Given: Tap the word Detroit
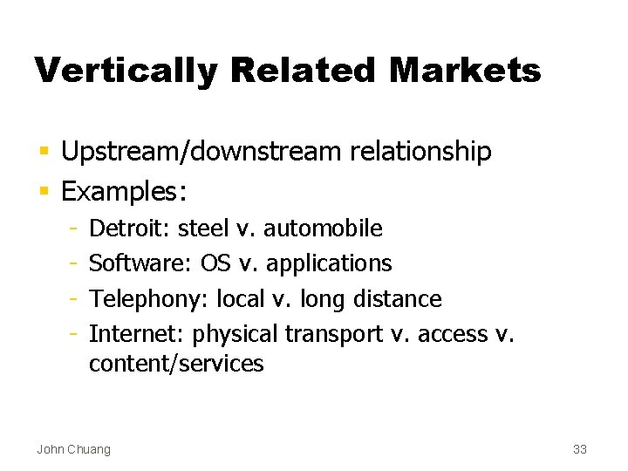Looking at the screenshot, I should click(130, 229).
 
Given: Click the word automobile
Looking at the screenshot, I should click(323, 229).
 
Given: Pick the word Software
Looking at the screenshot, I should click(140, 263).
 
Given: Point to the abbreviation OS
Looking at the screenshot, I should click(214, 263).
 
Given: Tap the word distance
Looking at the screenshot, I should click(397, 299).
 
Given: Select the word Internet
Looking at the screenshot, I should click(137, 334).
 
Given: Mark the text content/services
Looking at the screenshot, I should click(176, 364).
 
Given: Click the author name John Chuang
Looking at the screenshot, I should click(73, 449).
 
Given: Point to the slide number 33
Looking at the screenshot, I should click(579, 449).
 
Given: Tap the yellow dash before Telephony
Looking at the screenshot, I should click(76, 299).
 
